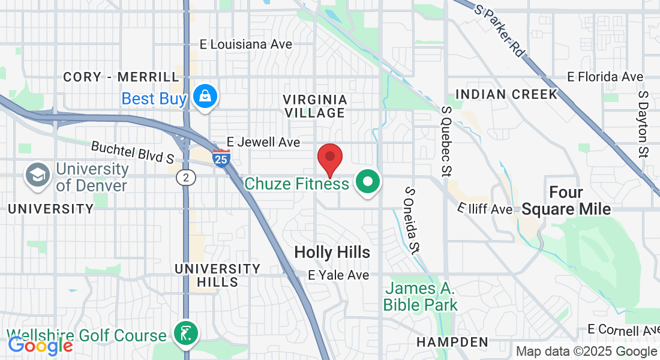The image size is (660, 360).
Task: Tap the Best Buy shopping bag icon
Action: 205,97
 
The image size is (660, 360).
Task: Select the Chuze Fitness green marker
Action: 368,182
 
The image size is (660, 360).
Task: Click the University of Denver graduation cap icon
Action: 37,176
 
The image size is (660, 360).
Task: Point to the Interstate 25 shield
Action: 221,158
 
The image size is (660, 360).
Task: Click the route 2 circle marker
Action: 187,178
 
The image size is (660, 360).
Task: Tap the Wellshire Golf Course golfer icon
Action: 185,334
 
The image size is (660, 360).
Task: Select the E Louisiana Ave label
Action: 246,44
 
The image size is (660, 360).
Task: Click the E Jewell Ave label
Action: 259,142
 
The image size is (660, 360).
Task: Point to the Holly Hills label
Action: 332,253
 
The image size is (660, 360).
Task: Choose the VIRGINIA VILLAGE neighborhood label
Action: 315,106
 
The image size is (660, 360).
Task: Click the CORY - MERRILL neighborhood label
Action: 121,77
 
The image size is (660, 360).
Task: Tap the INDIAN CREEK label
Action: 506,94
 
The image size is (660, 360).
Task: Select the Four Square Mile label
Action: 566,201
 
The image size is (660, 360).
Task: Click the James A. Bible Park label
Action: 420,296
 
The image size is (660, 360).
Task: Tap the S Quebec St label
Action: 446,142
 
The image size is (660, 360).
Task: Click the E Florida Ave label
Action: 605,77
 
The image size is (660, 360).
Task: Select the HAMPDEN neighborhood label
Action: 453,342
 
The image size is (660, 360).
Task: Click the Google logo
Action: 40,346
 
